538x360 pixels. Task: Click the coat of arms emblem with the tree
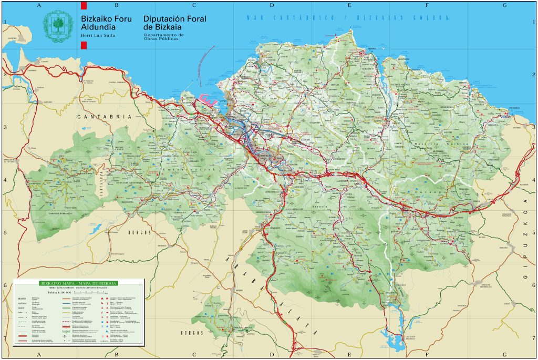(58, 26)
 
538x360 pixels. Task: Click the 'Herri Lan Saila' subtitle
(97, 36)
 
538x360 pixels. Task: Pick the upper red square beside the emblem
(83, 6)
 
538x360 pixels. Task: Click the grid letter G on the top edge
(504, 5)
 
